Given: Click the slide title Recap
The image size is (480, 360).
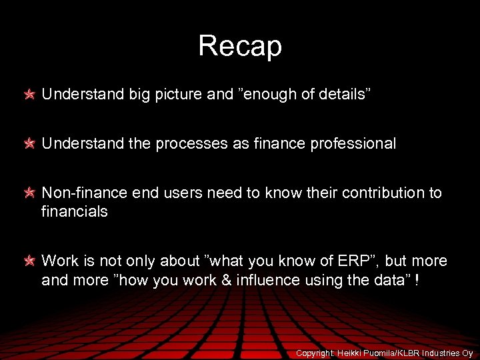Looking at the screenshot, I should [x=240, y=46].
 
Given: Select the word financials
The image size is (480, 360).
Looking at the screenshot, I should [x=75, y=212].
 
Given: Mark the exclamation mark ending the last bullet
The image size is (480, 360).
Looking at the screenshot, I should [x=417, y=279].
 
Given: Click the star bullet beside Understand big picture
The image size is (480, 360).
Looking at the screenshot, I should [x=30, y=95].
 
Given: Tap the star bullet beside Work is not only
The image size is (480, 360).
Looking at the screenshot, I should [x=30, y=261].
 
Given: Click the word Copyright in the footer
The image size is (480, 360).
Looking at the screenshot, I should [x=316, y=353].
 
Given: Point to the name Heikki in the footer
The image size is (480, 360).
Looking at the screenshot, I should [x=351, y=353].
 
